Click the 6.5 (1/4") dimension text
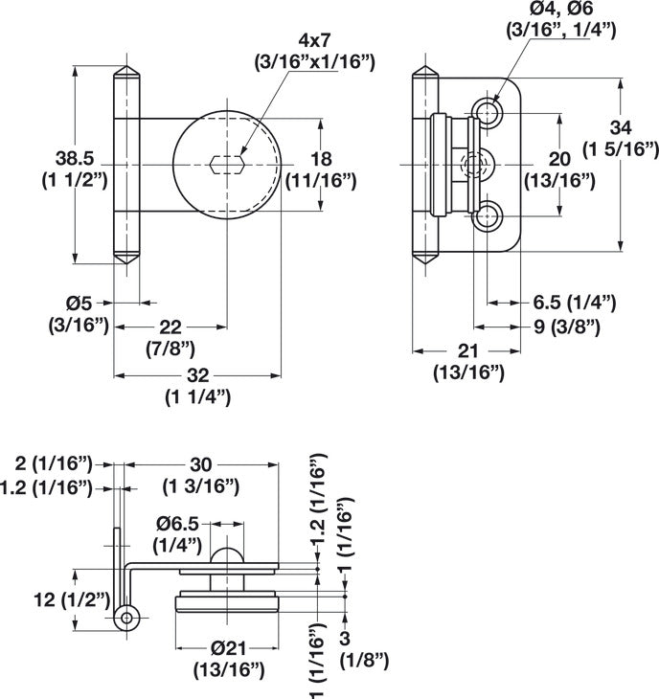tap(574, 303)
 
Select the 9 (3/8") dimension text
tap(567, 327)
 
